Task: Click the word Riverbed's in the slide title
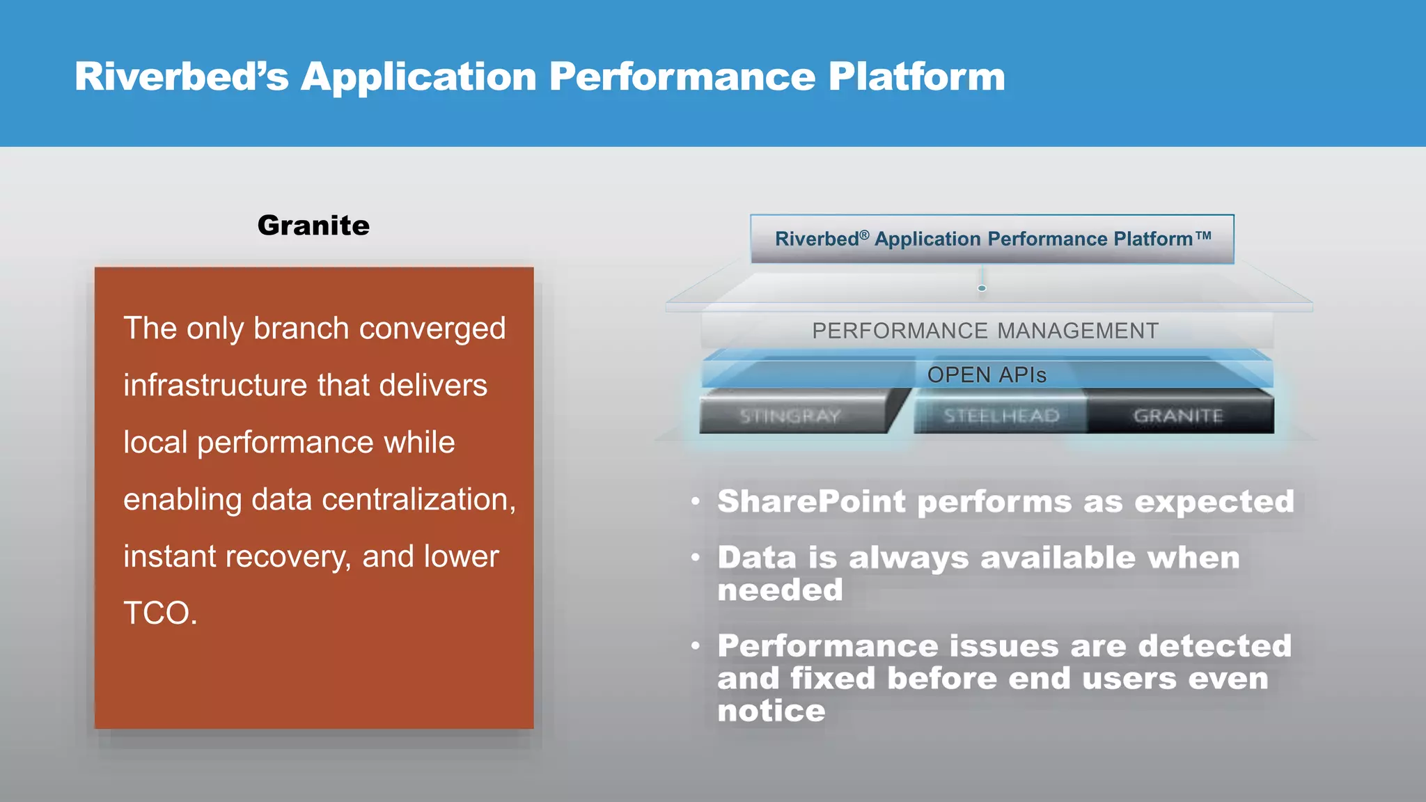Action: coord(181,77)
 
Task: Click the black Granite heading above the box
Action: coord(313,226)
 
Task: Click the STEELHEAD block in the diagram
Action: coord(1001,416)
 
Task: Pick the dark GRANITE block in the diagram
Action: coord(1178,416)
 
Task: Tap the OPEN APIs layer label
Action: coord(987,375)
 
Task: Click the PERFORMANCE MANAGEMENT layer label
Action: coord(985,331)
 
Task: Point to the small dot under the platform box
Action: coord(982,288)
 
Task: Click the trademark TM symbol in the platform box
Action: coord(1204,235)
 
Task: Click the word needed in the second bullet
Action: coord(780,590)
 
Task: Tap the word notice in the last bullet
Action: coord(771,711)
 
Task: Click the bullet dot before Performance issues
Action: coord(696,646)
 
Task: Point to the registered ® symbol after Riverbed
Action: coord(864,235)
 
